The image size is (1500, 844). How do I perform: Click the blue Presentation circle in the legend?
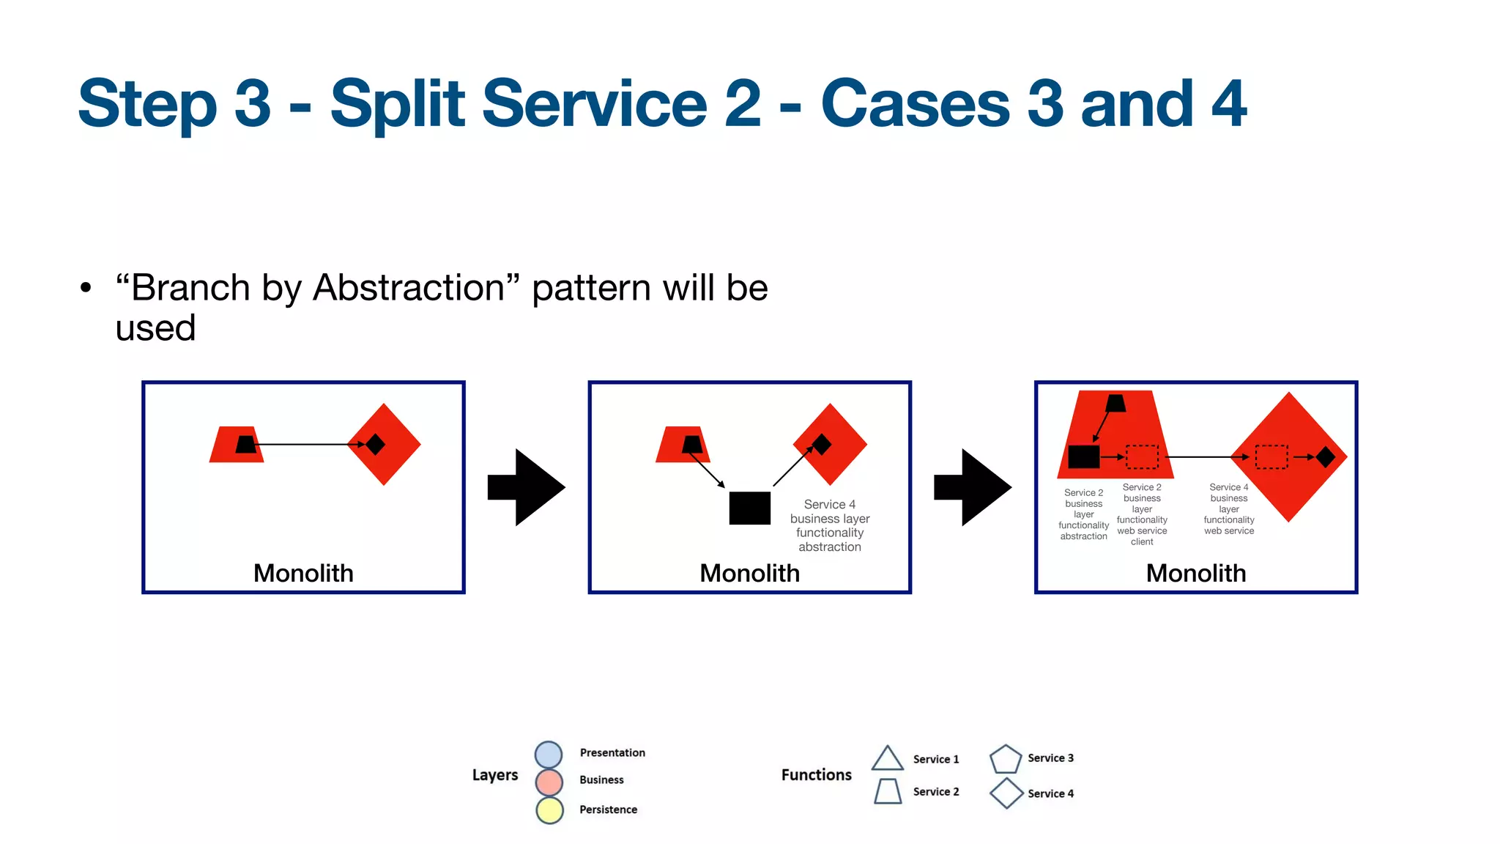pos(549,755)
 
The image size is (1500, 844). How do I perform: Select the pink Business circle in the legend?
pos(549,782)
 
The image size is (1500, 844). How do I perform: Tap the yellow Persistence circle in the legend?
pos(549,810)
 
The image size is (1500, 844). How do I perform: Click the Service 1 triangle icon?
pos(887,759)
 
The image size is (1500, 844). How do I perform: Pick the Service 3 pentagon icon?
pos(1005,759)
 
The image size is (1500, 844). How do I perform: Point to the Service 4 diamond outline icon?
pos(1006,793)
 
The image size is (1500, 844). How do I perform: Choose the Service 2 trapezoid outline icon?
pos(888,791)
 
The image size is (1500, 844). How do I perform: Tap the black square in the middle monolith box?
pos(749,508)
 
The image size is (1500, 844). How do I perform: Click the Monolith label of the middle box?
pos(749,573)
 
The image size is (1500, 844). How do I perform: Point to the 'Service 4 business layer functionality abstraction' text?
pos(829,525)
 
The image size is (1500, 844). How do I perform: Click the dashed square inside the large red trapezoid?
pos(1142,456)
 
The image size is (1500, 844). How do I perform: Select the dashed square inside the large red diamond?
pos(1271,456)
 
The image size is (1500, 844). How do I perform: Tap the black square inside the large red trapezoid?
pos(1083,456)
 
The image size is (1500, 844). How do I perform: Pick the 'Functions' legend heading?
pos(816,774)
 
